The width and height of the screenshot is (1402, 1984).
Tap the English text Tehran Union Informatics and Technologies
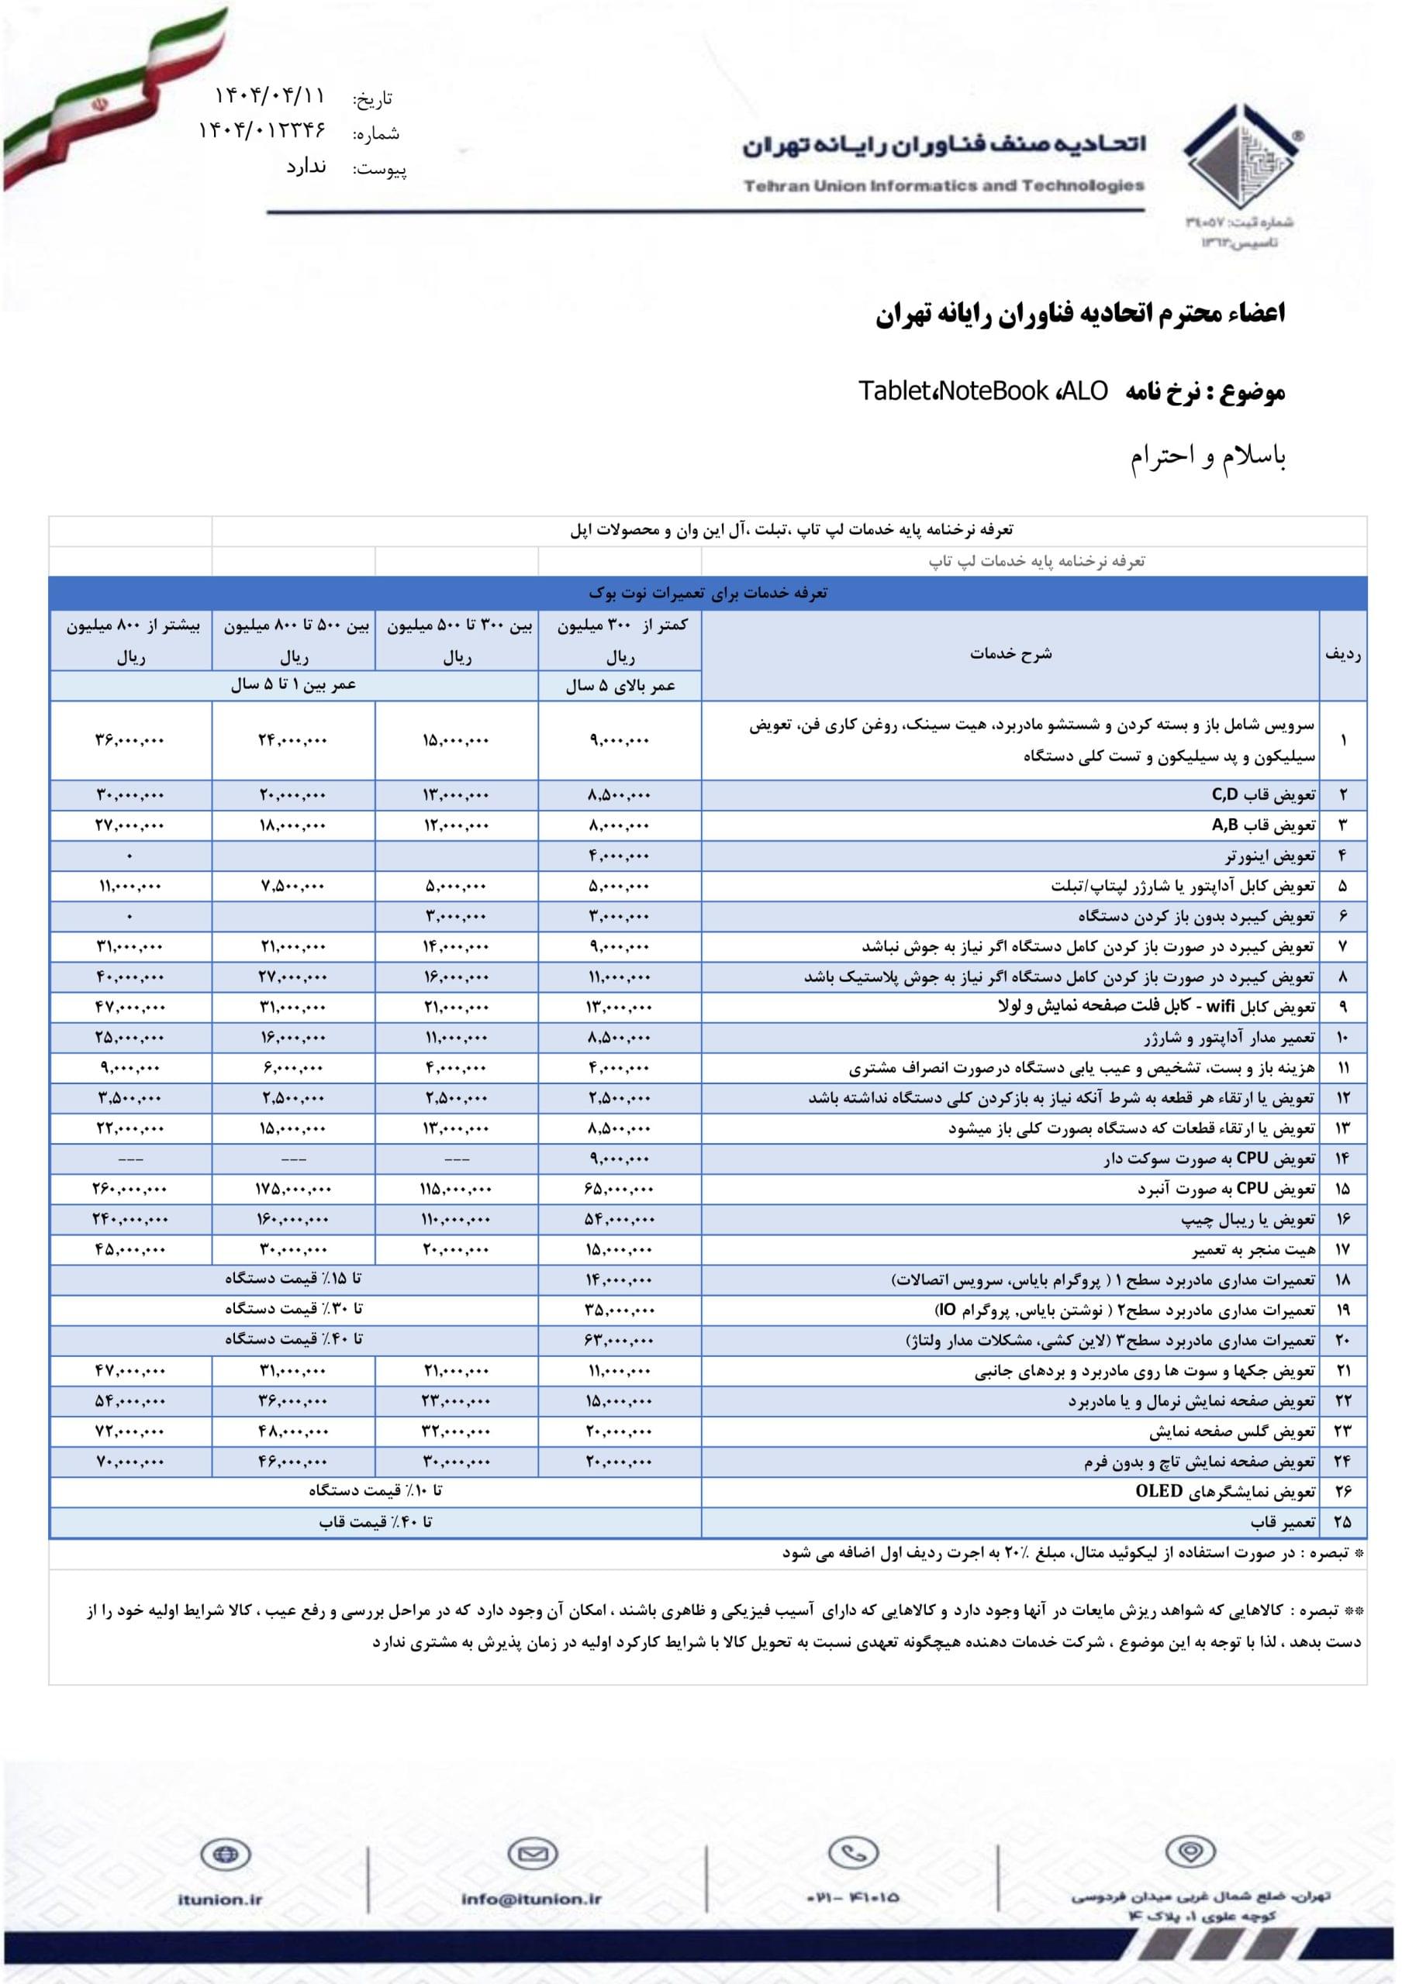click(943, 186)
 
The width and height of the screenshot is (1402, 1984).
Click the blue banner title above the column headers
click(707, 593)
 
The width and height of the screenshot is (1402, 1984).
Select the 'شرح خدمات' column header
click(1010, 654)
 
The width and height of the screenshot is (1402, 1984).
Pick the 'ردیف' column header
click(1342, 655)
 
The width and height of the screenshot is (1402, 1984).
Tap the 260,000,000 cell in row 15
click(129, 1189)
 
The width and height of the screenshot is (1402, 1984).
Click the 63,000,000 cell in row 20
click(619, 1340)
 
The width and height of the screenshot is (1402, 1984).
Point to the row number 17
click(1342, 1249)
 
